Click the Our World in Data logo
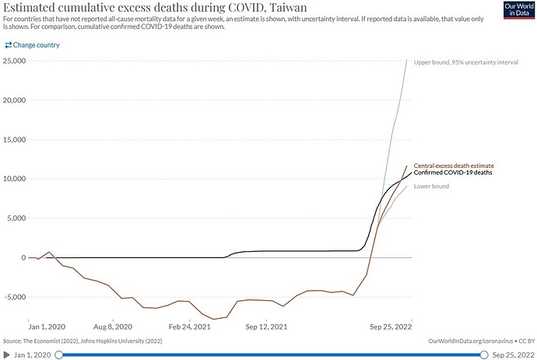[519, 10]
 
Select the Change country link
[32, 45]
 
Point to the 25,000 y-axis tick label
[14, 61]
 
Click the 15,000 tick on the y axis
[14, 140]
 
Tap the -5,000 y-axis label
[15, 297]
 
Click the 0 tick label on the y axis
[23, 257]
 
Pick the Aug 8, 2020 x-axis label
[113, 327]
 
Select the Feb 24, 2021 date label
[189, 327]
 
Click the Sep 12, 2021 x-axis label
[266, 327]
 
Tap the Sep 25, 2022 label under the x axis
[391, 327]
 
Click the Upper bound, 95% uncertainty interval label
[465, 62]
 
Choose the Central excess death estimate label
[454, 166]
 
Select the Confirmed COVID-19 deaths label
[453, 173]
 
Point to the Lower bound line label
[431, 186]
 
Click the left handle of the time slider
[59, 355]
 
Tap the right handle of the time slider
[484, 355]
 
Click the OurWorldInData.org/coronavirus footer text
[471, 341]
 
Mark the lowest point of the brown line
[214, 320]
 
